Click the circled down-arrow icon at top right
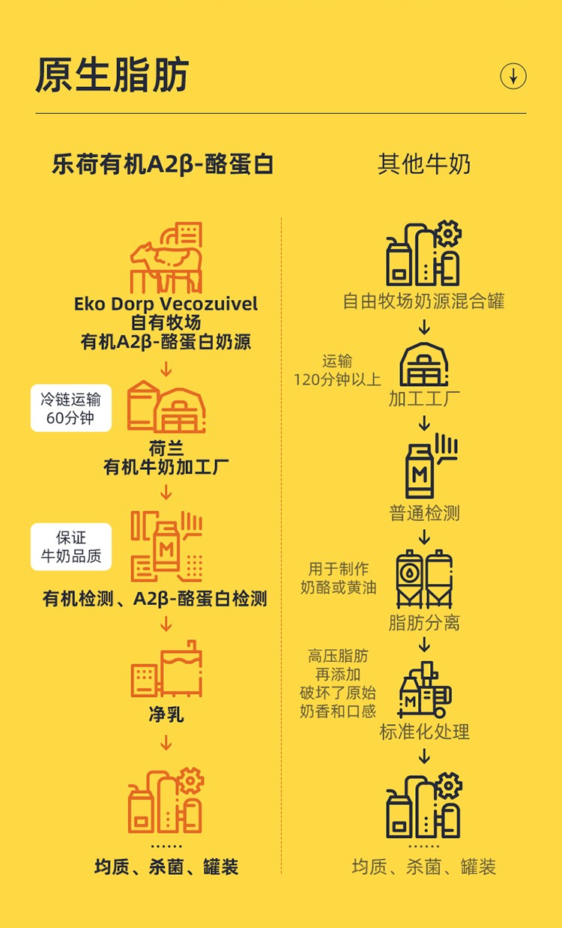pos(513,76)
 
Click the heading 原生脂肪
pos(112,75)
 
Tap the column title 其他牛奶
pos(424,164)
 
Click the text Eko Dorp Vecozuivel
pos(166,304)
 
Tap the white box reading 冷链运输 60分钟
pos(71,408)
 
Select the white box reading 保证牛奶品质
pos(71,547)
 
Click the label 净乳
pos(166,714)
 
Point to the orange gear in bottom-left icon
pos(190,780)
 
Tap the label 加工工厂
pos(424,399)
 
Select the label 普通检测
pos(424,513)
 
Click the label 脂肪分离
pos(424,623)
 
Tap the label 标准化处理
pos(424,732)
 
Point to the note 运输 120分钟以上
pos(337,370)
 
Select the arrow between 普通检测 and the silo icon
pos(424,537)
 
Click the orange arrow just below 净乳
pos(166,743)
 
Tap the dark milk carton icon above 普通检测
pos(420,471)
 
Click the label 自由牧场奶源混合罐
pos(423,301)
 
